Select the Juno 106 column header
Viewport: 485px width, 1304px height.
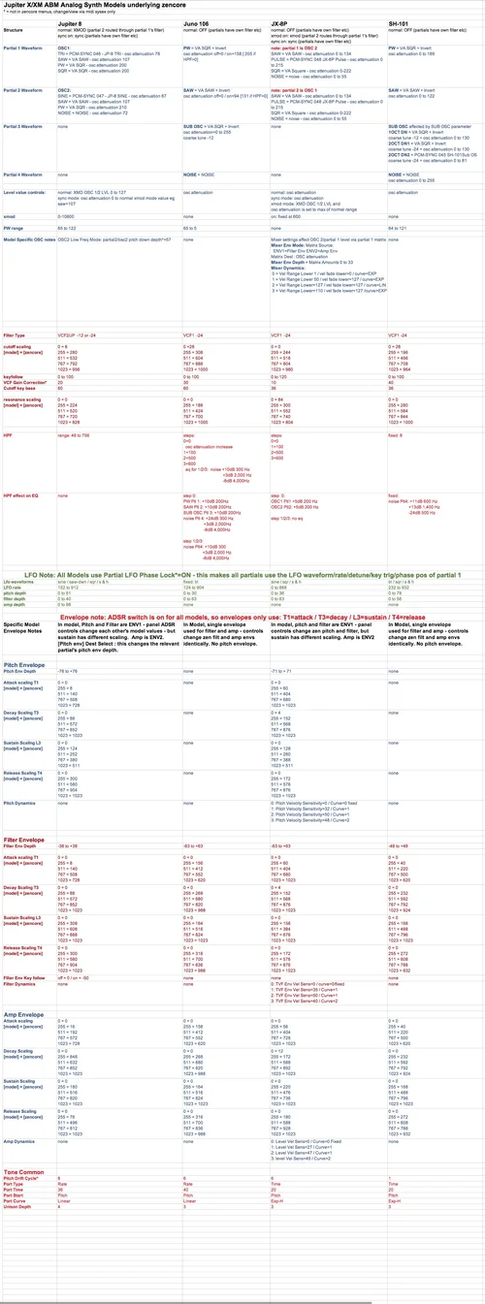199,20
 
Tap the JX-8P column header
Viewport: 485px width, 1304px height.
282,20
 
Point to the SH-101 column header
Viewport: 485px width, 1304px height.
400,20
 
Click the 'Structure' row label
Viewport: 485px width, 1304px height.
14,30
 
